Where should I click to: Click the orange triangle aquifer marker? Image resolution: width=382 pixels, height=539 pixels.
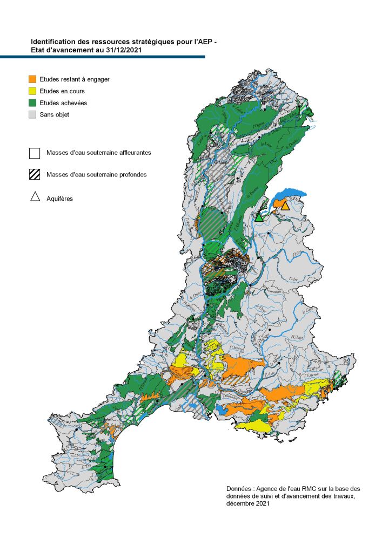(285, 206)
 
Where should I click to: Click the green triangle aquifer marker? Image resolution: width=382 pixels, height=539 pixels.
(259, 217)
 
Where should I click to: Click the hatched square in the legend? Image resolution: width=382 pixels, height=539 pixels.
(35, 175)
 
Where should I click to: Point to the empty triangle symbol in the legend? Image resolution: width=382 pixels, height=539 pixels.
(35, 197)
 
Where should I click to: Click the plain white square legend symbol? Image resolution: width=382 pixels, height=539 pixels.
(35, 153)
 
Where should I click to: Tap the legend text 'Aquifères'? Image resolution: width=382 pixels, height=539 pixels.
(59, 199)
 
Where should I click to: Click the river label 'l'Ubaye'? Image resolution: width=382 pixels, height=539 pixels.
(297, 338)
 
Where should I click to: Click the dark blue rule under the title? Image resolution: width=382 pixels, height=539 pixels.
(103, 57)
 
